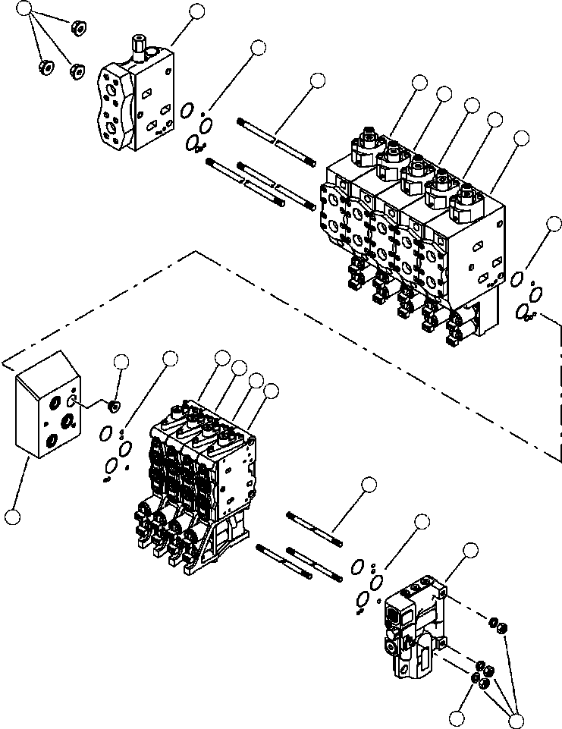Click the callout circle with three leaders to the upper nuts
(x=25, y=10)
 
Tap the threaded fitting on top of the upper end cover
(x=139, y=45)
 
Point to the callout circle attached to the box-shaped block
(x=12, y=517)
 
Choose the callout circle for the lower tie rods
(x=369, y=485)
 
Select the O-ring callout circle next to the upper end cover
(x=259, y=48)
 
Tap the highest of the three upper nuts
(x=76, y=29)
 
